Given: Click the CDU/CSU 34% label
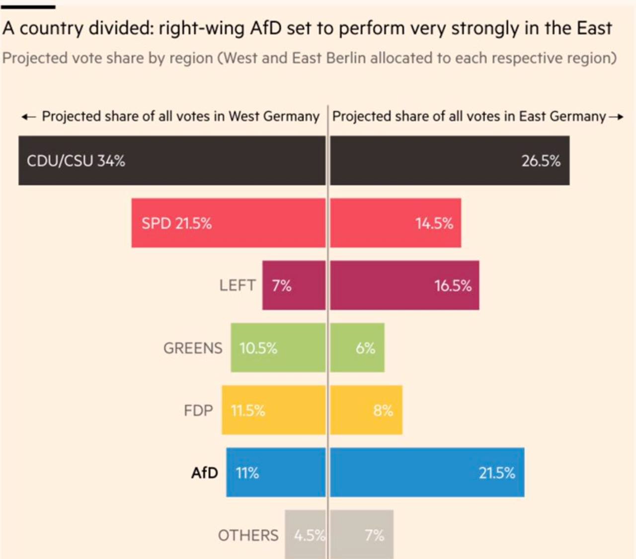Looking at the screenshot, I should coord(76,161).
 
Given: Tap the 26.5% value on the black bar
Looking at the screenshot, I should coord(541,161).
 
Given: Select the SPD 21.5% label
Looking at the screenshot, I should coord(176,223).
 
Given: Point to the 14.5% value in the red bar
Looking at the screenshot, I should coord(434,223).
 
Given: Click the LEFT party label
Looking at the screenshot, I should coord(238,285).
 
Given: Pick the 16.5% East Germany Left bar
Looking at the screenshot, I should coord(404,285).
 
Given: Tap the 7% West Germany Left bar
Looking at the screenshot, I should coord(294,285).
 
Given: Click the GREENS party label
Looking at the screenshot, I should coord(193,348).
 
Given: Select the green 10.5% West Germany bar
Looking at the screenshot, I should coord(278,348).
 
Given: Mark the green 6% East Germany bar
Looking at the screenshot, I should coord(357,348).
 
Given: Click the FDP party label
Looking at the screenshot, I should coord(198,411).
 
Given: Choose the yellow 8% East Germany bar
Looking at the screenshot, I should coord(366,411).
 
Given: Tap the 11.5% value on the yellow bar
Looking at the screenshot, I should coord(248,411).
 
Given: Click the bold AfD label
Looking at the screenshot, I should coord(205,473).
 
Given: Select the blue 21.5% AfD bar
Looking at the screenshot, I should coord(427,473).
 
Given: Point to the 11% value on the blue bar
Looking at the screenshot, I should coord(247,473).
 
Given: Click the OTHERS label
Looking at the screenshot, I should coord(248,535).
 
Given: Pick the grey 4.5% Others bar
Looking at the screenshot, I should coord(305,535).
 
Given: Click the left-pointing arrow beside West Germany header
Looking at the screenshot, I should coord(29,117).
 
